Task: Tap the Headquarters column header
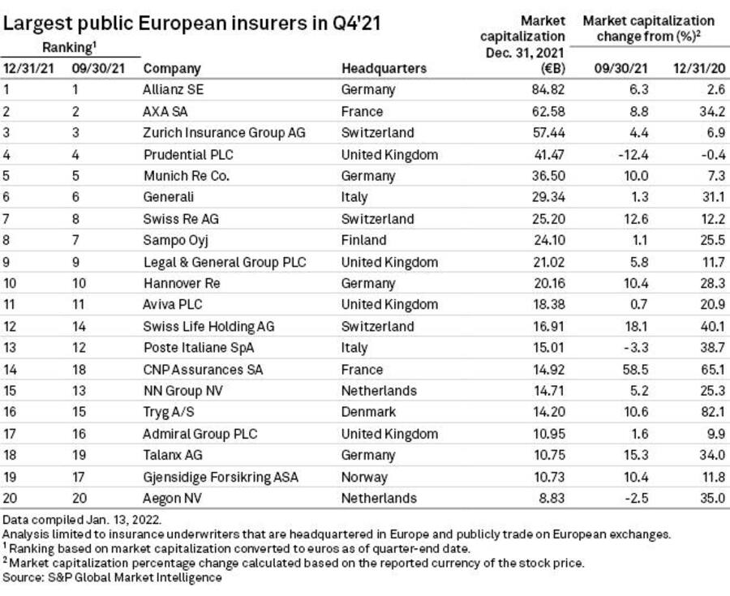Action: (x=384, y=68)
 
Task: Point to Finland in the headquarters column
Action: (x=365, y=240)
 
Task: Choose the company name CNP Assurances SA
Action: (x=204, y=369)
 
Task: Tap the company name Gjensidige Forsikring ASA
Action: (x=221, y=477)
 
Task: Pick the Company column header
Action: (x=171, y=68)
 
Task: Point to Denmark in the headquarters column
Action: (x=370, y=412)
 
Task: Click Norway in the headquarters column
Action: (x=365, y=477)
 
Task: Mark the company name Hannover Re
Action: (x=181, y=283)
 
